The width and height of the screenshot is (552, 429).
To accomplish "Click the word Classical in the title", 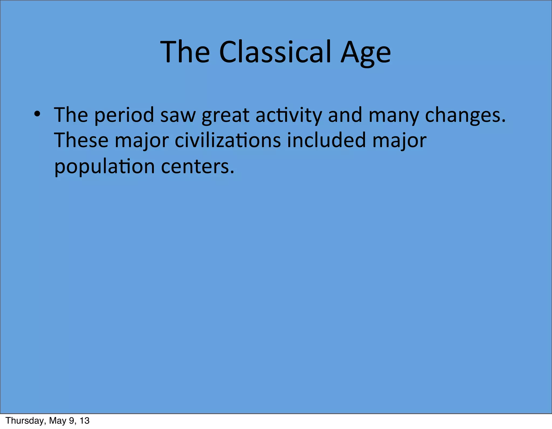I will point(275,52).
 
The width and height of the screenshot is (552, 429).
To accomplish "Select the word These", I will point(81,141).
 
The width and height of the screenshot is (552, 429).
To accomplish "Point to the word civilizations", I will point(228,141).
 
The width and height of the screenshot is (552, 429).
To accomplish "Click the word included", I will point(326,141).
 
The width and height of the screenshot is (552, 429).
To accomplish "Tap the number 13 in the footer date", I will point(84,421).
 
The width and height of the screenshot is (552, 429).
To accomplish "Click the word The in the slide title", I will point(185,52).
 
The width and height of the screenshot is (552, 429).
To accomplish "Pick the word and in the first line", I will point(345,115).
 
